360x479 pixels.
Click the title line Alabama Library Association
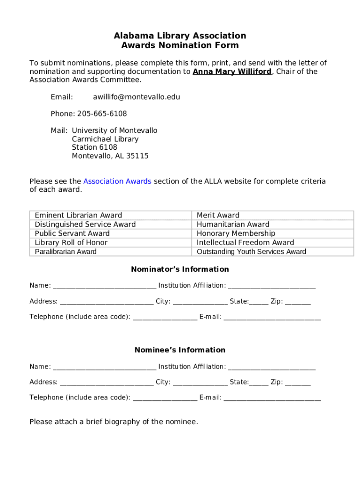point(180,36)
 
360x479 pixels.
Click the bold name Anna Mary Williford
point(232,72)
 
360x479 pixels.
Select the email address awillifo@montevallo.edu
point(136,97)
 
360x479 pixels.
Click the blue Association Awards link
point(117,181)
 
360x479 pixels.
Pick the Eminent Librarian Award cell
point(78,215)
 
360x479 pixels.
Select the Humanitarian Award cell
point(233,224)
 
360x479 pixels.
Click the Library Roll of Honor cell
point(71,242)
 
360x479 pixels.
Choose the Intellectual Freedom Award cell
point(245,242)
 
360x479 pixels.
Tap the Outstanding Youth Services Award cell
point(251,252)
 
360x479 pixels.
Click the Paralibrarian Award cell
point(65,252)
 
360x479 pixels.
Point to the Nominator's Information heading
point(180,269)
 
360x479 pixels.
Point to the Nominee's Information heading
point(180,350)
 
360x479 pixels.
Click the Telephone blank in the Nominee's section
point(165,398)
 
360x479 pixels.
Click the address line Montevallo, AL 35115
point(110,156)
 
